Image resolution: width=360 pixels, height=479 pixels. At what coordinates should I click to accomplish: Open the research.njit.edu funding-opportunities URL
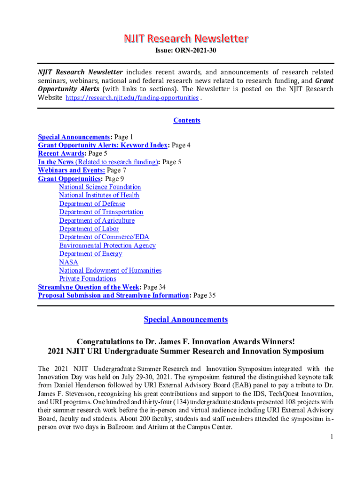(132, 98)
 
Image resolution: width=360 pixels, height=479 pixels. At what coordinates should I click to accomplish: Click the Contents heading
(187, 120)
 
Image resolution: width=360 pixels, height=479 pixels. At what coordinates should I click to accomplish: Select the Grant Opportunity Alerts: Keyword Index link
(102, 145)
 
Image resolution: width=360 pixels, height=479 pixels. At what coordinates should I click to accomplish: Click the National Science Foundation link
(100, 187)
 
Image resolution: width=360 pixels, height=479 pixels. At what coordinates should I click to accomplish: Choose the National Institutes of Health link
(99, 195)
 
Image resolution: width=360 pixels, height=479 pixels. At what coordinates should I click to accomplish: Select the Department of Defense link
(92, 203)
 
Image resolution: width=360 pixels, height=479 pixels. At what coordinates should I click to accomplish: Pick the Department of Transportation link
(101, 212)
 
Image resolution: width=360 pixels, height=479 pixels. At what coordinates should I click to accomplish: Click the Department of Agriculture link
(97, 220)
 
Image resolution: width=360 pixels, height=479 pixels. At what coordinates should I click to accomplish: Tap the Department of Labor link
(89, 229)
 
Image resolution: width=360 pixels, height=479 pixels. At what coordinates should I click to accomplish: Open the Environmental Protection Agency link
(107, 245)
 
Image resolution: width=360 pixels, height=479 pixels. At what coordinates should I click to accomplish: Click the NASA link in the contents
(69, 262)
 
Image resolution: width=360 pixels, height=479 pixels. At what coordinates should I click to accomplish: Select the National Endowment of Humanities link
(110, 270)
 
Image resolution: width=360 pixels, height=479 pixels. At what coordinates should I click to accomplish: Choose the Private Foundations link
(87, 279)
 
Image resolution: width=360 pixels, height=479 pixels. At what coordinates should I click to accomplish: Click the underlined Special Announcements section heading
(186, 319)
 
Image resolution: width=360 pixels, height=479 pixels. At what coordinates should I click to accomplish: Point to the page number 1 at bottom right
(331, 437)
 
